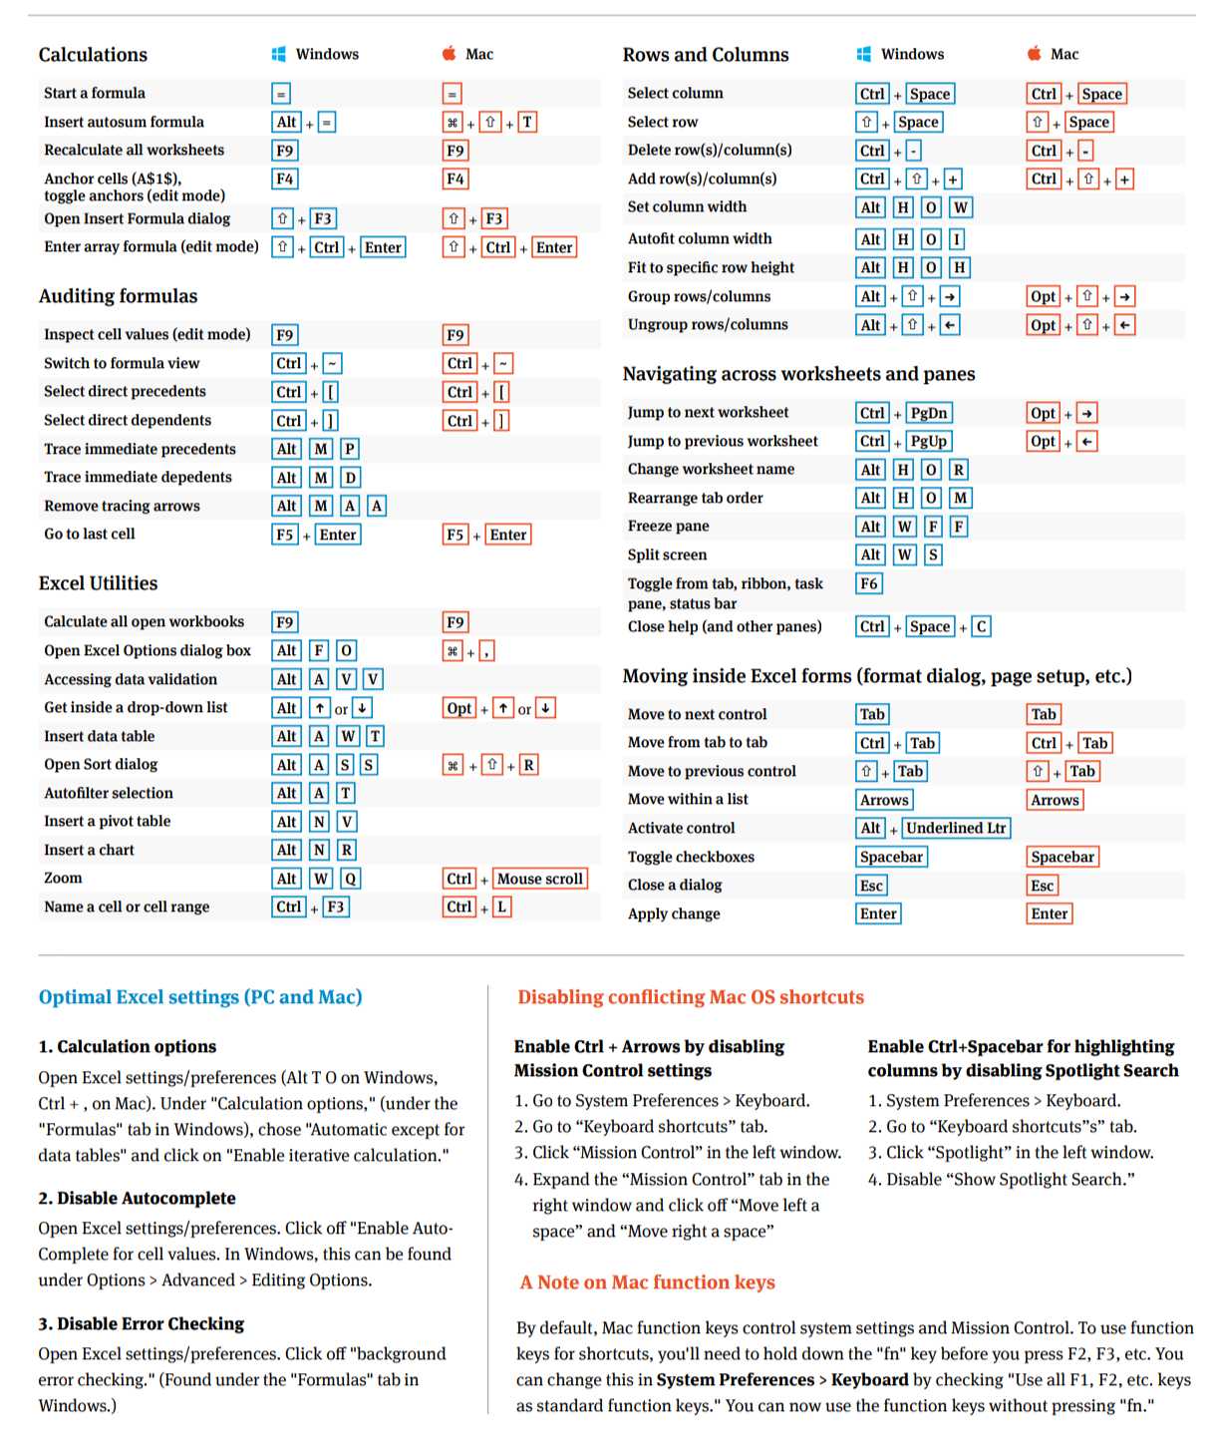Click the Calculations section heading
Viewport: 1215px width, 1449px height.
[93, 55]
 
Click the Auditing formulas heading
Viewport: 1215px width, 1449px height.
[118, 296]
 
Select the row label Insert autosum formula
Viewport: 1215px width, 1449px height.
[124, 122]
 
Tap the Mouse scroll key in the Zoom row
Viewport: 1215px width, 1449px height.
[539, 879]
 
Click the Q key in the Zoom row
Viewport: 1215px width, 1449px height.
[350, 879]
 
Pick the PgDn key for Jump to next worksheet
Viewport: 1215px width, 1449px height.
[929, 413]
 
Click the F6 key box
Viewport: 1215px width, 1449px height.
[869, 583]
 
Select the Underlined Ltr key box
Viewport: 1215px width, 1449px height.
[956, 828]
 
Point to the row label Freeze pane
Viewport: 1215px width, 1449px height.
[668, 526]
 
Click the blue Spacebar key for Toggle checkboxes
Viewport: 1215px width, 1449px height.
[891, 857]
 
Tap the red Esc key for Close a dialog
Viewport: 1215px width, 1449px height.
[1043, 886]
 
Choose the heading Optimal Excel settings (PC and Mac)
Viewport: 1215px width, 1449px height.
[200, 997]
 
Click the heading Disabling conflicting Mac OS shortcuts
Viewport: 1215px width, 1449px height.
[691, 997]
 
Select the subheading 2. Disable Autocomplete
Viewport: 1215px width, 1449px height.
[138, 1198]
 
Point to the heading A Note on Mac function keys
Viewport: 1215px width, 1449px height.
[647, 1282]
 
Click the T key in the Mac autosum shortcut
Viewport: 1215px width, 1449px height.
[527, 123]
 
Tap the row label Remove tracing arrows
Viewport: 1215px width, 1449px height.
[122, 506]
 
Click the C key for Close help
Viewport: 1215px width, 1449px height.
[981, 626]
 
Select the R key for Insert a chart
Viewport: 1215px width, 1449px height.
[346, 850]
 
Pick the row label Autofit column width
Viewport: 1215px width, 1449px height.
[700, 238]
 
